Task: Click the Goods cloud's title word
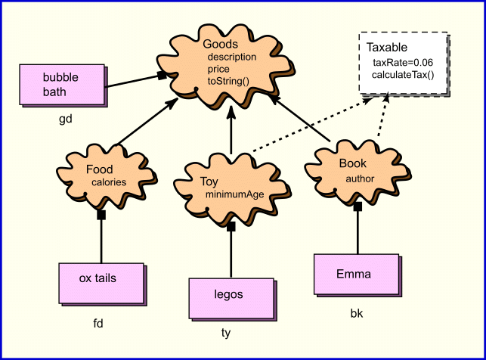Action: (x=220, y=45)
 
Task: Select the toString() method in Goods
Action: (x=228, y=80)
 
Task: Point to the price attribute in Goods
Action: (x=218, y=69)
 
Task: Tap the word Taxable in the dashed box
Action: (x=387, y=48)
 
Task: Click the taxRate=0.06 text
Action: (x=403, y=62)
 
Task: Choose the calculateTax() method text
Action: (x=403, y=74)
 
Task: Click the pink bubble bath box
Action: (x=61, y=85)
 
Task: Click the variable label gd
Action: (x=65, y=119)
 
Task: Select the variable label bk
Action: (x=356, y=312)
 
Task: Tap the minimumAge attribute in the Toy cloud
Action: (x=234, y=195)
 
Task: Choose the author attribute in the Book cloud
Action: (x=360, y=179)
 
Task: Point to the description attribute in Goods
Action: (x=231, y=57)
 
